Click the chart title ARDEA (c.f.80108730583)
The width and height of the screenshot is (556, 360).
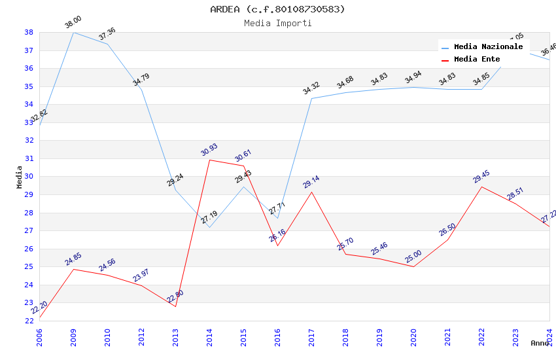point(278,9)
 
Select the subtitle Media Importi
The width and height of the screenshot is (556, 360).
point(278,23)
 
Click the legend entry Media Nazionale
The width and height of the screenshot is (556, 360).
point(488,46)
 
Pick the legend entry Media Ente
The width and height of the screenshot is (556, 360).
point(477,59)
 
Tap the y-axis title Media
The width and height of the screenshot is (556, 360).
point(20,177)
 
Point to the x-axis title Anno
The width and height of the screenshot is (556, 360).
point(540,343)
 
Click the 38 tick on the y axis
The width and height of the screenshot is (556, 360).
point(29,32)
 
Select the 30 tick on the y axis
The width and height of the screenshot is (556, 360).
point(29,177)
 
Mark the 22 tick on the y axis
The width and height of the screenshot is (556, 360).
point(29,321)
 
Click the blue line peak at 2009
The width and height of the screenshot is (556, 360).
point(73,32)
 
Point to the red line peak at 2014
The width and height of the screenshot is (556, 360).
point(209,160)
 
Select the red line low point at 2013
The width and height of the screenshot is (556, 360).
point(175,306)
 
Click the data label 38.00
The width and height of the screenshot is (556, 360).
point(73,23)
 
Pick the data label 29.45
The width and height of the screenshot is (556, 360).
point(481,177)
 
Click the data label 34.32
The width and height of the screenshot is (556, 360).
point(311,89)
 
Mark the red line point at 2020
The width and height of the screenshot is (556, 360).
point(413,266)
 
